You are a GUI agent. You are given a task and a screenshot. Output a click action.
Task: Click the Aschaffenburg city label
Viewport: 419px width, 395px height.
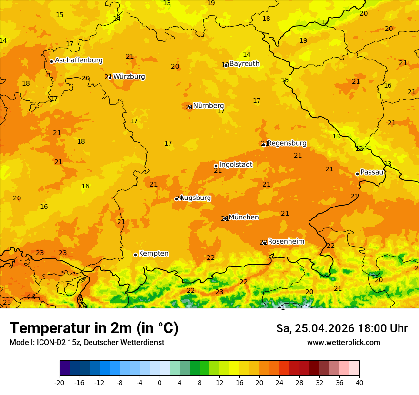79,60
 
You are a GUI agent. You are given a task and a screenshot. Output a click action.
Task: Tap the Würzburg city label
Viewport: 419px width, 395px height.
129,77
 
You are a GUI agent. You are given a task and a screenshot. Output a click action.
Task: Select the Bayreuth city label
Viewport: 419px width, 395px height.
244,64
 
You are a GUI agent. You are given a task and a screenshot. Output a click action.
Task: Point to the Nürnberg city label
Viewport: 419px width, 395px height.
209,106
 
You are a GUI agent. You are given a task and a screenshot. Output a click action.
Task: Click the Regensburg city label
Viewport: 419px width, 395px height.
287,143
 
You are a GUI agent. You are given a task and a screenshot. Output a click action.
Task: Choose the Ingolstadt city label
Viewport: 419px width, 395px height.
236,165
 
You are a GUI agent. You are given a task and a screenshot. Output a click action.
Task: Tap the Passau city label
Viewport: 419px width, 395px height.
372,172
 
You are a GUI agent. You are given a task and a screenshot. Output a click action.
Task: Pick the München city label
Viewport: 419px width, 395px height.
244,217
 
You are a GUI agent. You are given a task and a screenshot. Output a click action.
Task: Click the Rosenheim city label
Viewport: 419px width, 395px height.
286,242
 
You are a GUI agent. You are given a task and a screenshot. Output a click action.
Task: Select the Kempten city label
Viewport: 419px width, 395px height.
153,254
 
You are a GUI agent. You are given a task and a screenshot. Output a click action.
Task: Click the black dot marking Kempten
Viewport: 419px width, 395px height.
135,255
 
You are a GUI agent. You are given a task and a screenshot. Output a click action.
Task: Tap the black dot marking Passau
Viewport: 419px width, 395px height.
357,174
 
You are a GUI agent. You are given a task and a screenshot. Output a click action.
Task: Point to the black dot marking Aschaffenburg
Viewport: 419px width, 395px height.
51,61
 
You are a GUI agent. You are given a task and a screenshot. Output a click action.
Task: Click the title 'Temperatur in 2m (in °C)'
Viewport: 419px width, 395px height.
94,328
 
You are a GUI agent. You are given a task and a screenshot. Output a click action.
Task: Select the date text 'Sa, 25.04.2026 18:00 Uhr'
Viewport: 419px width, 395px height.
341,328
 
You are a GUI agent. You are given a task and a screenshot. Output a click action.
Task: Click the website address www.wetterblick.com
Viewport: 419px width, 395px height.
343,343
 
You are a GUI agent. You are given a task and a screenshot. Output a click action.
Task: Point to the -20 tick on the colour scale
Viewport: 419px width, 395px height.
60,382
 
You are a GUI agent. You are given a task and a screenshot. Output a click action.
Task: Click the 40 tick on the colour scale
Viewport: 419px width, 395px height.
359,382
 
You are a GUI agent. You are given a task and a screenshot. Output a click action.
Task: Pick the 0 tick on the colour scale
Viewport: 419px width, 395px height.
160,382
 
